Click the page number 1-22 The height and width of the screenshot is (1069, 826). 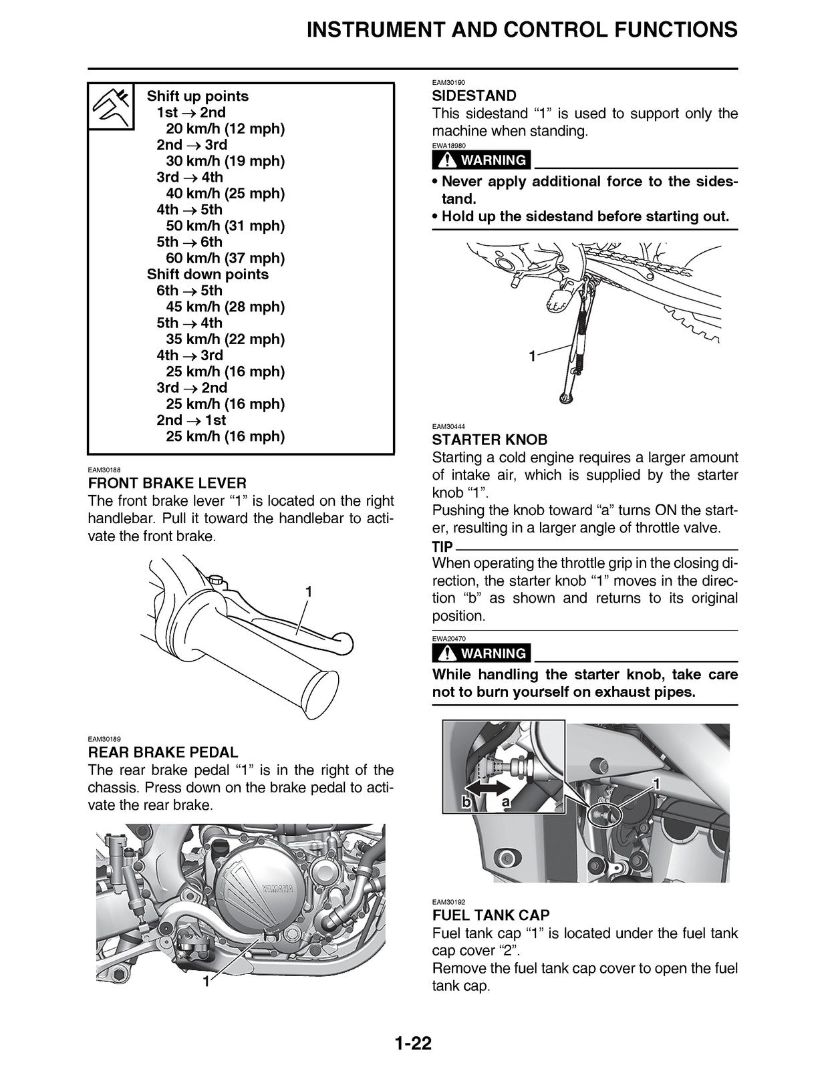click(x=412, y=1042)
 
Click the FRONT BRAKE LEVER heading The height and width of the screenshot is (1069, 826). click(x=167, y=482)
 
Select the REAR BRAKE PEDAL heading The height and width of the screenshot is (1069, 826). click(x=162, y=752)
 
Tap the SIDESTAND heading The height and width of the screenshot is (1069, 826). click(x=474, y=96)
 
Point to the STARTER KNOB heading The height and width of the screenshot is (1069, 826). click(x=489, y=440)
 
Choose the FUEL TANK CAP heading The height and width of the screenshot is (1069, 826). click(x=491, y=915)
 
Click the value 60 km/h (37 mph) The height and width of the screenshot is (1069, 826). click(x=225, y=258)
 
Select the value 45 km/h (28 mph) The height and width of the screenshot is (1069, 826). click(x=225, y=307)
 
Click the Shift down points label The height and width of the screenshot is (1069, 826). click(x=207, y=274)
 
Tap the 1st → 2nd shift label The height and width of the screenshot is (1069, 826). click(x=190, y=112)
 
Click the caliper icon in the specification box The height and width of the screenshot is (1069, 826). click(x=112, y=107)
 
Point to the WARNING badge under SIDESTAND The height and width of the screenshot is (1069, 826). click(x=482, y=160)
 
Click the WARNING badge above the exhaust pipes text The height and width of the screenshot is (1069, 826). click(x=482, y=653)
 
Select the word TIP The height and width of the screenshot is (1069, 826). click(x=442, y=546)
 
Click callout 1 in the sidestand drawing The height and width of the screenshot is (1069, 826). click(x=532, y=357)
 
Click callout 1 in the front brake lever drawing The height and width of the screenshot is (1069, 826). click(x=309, y=592)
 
